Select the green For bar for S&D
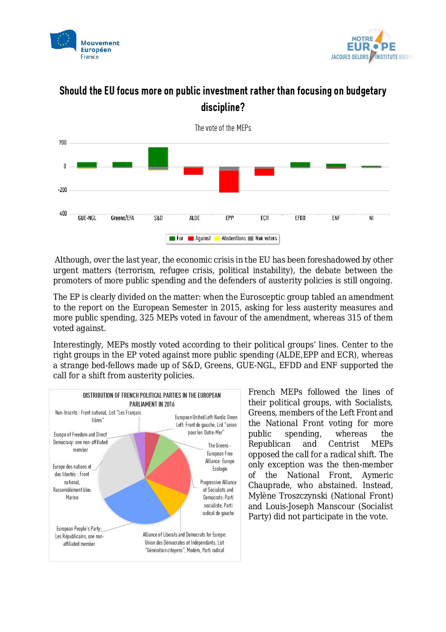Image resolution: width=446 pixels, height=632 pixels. pos(158,157)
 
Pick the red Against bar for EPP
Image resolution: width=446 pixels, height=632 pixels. pos(229,181)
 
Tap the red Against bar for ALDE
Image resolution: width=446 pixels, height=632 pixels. pos(193,171)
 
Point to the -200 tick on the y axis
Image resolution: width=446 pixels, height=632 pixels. pos(62,190)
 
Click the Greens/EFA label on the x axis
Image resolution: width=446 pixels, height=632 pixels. pos(122,218)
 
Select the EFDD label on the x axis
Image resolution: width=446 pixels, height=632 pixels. pos(300,218)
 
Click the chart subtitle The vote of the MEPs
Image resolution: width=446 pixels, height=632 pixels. pos(223,128)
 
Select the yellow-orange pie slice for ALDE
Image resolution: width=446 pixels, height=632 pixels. pos(169,496)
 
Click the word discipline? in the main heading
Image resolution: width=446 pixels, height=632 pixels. pos(223,107)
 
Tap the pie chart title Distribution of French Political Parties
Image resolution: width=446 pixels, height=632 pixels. pos(152,399)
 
